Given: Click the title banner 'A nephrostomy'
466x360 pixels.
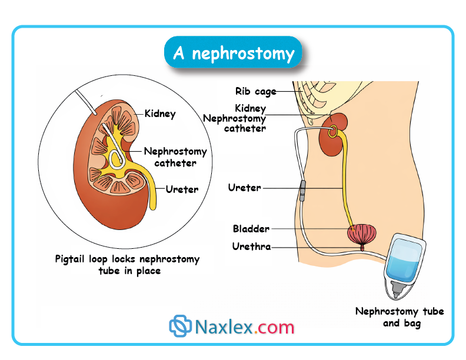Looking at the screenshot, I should pos(233,54).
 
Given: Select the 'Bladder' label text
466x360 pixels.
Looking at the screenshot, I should pos(251,228).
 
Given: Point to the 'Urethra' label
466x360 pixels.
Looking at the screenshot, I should pos(251,246).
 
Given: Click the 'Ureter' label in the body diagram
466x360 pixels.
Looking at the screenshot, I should pos(244,188).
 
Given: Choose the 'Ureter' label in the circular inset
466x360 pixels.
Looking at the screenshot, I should pos(182,189).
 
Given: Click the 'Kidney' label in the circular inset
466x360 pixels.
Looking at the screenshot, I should pos(160,114).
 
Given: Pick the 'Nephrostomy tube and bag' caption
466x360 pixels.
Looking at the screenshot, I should pos(399,317).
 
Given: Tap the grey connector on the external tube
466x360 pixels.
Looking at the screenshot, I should pos(302,191).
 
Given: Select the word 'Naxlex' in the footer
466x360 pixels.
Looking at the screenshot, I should pos(224,327).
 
